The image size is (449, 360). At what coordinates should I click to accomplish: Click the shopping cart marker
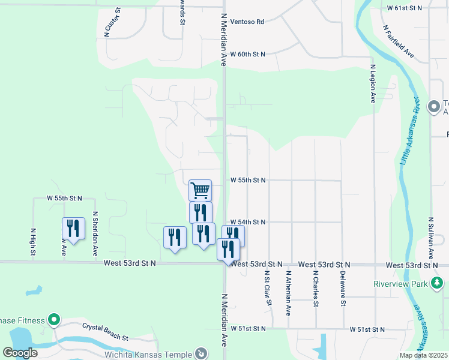pos(200,190)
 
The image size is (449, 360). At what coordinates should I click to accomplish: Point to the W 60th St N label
pos(247,54)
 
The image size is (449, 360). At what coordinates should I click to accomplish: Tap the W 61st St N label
pos(405,8)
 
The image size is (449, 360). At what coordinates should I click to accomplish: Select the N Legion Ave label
pos(373,83)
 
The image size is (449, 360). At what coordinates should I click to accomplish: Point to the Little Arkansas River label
pos(410,131)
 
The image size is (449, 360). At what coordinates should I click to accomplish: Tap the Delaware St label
pos(343,289)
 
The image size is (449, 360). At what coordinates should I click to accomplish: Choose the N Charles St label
pos(316,289)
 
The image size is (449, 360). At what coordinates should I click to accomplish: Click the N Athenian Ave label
pos(288,293)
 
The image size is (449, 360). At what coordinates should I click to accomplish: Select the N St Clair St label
pos(267,287)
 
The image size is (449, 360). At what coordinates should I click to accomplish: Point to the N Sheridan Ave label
pos(94,233)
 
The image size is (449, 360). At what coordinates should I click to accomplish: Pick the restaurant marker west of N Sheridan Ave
pos(73,229)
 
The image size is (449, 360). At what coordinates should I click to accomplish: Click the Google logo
pos(20,353)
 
